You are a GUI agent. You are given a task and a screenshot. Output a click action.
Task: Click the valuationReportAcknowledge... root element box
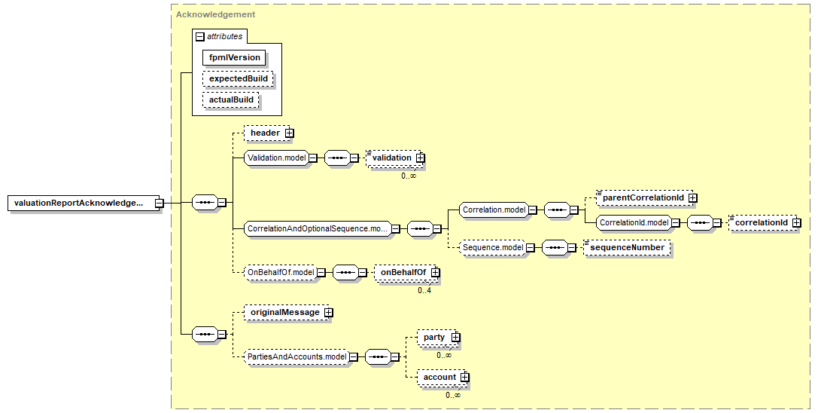[x=78, y=203]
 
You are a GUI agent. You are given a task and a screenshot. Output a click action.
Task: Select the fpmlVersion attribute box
[x=234, y=57]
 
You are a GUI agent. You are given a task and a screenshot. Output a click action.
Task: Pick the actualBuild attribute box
[x=231, y=99]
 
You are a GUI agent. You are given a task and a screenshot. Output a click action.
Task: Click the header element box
[x=265, y=133]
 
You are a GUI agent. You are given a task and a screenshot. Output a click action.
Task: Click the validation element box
[x=391, y=158]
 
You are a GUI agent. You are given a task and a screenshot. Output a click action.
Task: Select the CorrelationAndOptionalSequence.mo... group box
[x=317, y=228]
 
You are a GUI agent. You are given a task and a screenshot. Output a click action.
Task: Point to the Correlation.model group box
[x=493, y=210]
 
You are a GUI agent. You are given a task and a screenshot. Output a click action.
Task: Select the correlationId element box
[x=761, y=222]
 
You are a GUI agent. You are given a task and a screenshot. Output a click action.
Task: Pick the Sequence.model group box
[x=492, y=246]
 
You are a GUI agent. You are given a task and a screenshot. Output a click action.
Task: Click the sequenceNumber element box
[x=627, y=246]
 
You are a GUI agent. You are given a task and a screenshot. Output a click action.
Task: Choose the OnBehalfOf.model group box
[x=280, y=272]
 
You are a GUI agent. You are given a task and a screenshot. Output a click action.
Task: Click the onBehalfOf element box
[x=402, y=272]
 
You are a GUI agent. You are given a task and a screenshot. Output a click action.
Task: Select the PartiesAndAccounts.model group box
[x=297, y=356]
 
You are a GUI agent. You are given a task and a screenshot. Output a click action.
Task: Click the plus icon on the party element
[x=455, y=338]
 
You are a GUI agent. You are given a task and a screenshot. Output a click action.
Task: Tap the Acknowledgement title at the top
[x=215, y=14]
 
